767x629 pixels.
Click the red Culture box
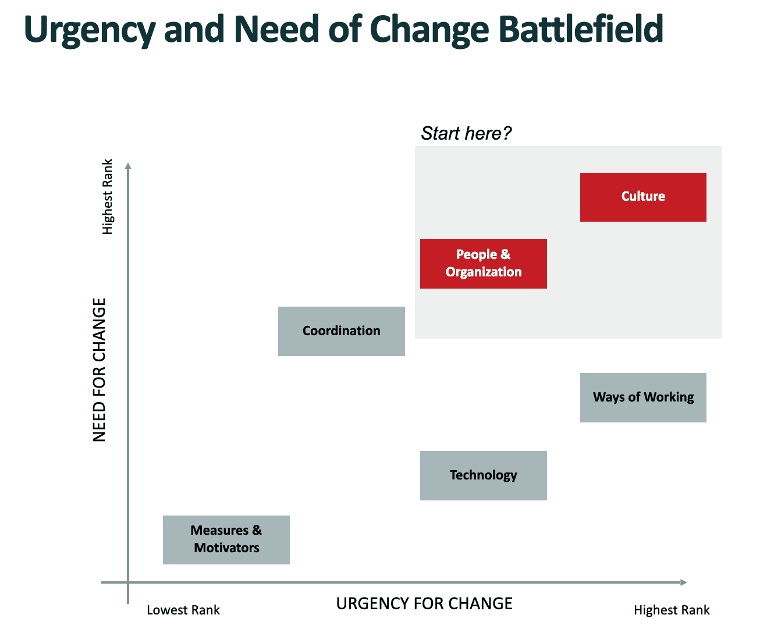643,197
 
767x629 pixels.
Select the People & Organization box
483,264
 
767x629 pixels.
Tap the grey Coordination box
341,331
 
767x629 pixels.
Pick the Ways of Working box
643,397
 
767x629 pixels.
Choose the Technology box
483,475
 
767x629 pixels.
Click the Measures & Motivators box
226,539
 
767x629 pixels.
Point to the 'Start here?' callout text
466,133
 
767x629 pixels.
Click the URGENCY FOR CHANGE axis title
424,604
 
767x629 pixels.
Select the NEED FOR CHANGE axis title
100,370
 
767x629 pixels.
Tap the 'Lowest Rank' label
183,610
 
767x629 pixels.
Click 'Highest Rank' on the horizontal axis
672,610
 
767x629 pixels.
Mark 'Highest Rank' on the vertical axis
108,197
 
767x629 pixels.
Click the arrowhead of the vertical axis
128,166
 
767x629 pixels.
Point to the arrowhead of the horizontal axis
684,582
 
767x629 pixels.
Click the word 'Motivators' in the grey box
226,548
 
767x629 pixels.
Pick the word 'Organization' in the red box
484,272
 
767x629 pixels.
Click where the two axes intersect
128,582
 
